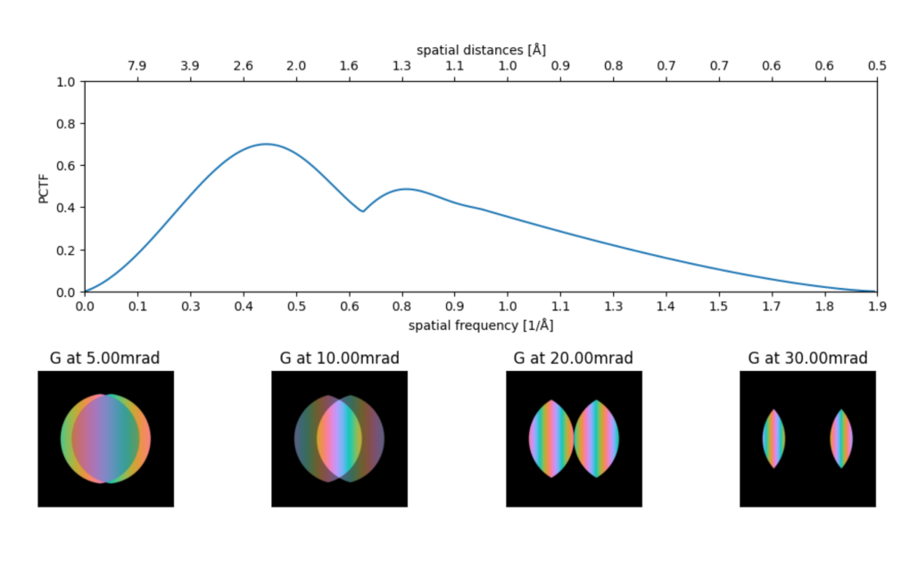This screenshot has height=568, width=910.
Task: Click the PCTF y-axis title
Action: [44, 186]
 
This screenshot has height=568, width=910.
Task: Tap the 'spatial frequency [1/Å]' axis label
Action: [481, 325]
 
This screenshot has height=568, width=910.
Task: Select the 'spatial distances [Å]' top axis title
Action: [481, 49]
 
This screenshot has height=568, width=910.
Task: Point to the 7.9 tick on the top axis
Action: [137, 66]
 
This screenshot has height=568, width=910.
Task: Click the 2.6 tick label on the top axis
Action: [243, 66]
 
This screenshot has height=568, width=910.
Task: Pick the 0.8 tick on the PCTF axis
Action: [66, 124]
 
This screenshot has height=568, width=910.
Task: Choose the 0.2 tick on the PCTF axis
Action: [66, 251]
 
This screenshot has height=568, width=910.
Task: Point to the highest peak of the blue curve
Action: [266, 144]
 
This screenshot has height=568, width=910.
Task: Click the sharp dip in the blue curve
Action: [362, 211]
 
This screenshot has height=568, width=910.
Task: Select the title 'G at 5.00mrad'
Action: [105, 358]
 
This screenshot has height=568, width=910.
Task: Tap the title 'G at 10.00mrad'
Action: [339, 358]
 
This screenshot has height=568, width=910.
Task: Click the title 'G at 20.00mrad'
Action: [573, 358]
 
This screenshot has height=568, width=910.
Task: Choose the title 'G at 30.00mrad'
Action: [807, 358]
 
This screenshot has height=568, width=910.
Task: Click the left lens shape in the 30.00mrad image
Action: [773, 439]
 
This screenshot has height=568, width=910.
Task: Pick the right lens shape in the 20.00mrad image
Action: [597, 439]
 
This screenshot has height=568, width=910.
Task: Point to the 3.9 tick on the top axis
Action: [190, 66]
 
